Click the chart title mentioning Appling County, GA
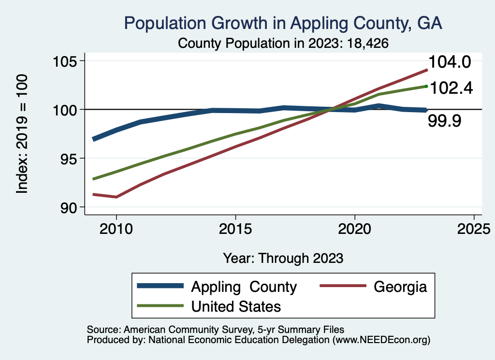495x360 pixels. click(283, 23)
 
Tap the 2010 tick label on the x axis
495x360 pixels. click(116, 228)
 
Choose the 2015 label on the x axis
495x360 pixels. click(235, 228)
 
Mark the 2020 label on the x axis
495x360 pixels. click(355, 228)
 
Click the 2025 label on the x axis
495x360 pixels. click(474, 228)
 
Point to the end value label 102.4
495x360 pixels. click(451, 88)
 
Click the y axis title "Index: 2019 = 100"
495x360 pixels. click(22, 134)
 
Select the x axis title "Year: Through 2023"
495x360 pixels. click(283, 258)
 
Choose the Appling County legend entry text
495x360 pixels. click(244, 287)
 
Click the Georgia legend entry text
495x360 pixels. click(400, 287)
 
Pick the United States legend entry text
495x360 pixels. click(236, 306)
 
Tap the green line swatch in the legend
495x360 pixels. click(160, 306)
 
